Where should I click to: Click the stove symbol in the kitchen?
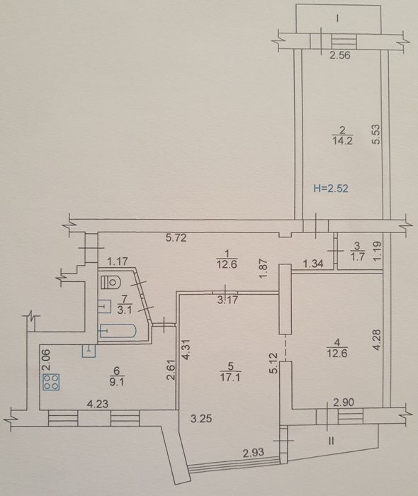(x=52, y=382)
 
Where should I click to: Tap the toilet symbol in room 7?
(x=110, y=282)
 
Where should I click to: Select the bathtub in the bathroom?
(x=118, y=331)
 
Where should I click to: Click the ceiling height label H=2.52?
(x=331, y=188)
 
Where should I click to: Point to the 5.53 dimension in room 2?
(x=376, y=135)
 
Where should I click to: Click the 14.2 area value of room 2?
(x=342, y=140)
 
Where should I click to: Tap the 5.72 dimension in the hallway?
(x=176, y=237)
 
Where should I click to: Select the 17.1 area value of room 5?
(x=230, y=378)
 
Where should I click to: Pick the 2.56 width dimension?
(x=340, y=56)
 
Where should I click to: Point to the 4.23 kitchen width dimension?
(x=98, y=404)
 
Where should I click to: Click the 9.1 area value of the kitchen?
(x=117, y=382)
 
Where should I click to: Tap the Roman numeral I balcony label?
(x=338, y=18)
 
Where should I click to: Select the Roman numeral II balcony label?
(x=332, y=441)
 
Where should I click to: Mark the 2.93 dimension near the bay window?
(x=253, y=453)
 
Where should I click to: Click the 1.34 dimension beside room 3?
(x=312, y=264)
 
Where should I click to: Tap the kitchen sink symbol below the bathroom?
(x=89, y=351)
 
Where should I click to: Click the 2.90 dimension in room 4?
(x=344, y=402)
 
